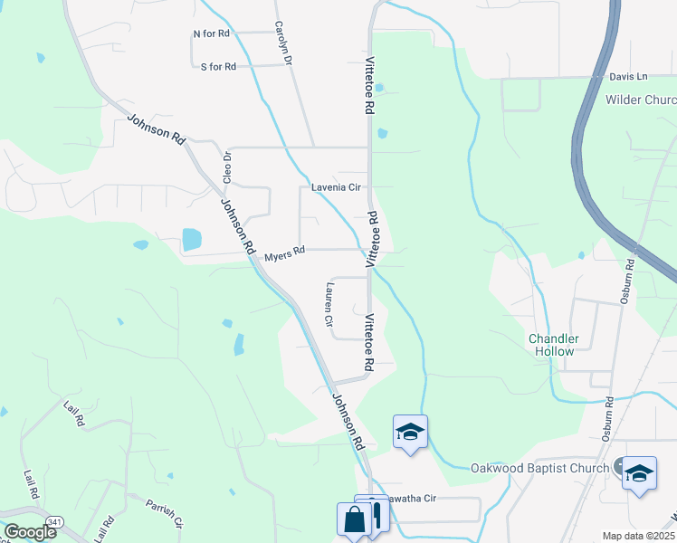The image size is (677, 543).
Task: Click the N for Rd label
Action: pos(212,33)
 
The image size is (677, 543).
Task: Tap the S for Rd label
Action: pos(217,67)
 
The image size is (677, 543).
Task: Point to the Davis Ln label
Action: pos(628,77)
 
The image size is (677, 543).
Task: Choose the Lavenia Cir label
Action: pos(336,187)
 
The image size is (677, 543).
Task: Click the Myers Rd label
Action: pos(285,257)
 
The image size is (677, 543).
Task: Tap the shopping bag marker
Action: pos(351,520)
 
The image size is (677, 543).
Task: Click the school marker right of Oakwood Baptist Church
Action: pos(639,473)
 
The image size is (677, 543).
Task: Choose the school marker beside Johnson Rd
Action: pos(409,432)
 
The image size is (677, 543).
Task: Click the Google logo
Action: pos(29,532)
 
